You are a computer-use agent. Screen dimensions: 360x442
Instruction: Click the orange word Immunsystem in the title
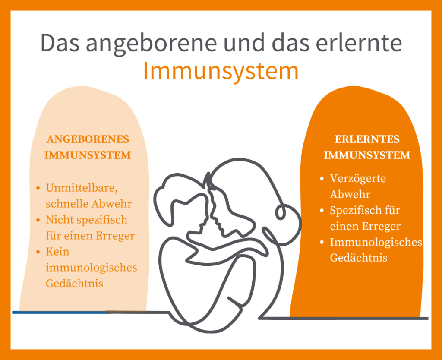click(x=221, y=71)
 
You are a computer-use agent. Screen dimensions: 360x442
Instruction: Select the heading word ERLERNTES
click(x=367, y=139)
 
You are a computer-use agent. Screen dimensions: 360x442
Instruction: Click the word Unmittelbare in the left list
click(x=82, y=188)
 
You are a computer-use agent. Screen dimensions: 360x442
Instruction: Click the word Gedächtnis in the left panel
click(x=74, y=284)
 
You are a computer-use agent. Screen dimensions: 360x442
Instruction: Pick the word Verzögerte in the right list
click(x=358, y=178)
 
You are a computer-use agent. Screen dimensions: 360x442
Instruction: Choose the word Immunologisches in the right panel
click(x=376, y=242)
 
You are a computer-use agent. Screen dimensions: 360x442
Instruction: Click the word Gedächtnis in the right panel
click(x=358, y=258)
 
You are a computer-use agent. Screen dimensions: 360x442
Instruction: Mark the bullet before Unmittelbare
click(x=38, y=188)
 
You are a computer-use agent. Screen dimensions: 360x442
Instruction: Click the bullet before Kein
click(x=38, y=252)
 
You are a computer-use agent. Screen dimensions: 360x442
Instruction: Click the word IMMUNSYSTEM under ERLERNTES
click(x=367, y=155)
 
